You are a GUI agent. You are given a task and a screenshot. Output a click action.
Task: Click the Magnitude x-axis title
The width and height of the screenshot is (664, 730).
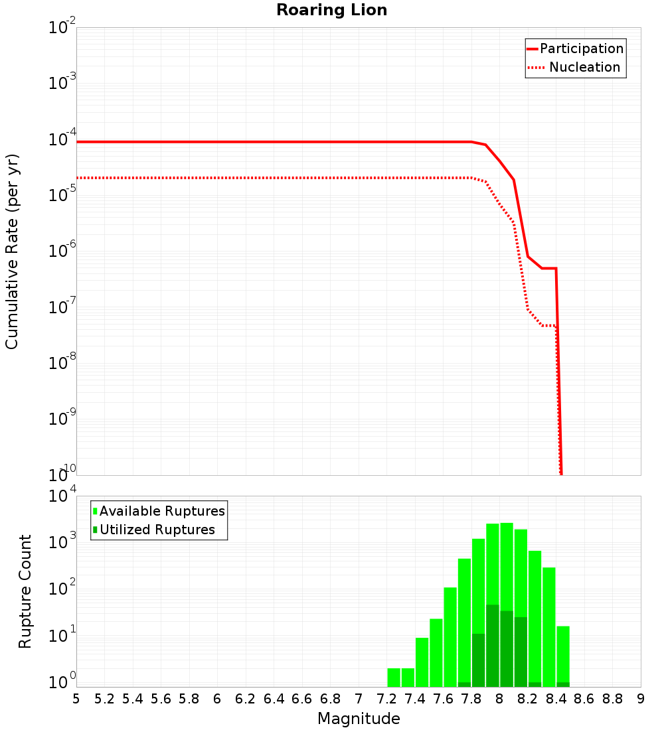359,719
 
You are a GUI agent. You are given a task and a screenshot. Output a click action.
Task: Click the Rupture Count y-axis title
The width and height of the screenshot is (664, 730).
25,591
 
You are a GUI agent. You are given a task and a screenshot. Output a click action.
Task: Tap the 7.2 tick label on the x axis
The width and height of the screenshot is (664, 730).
386,699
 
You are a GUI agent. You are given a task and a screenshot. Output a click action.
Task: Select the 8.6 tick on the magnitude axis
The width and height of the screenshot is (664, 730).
584,699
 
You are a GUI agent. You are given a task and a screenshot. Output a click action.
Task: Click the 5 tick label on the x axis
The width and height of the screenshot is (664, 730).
76,699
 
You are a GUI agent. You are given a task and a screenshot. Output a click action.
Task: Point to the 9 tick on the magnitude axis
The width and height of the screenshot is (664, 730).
641,699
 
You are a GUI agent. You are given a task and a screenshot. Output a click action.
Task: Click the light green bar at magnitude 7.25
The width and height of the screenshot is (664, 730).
394,677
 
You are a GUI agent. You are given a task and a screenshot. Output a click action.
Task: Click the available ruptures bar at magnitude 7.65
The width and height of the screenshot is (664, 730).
450,637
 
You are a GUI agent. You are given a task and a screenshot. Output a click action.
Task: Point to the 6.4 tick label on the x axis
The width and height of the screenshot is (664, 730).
274,699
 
